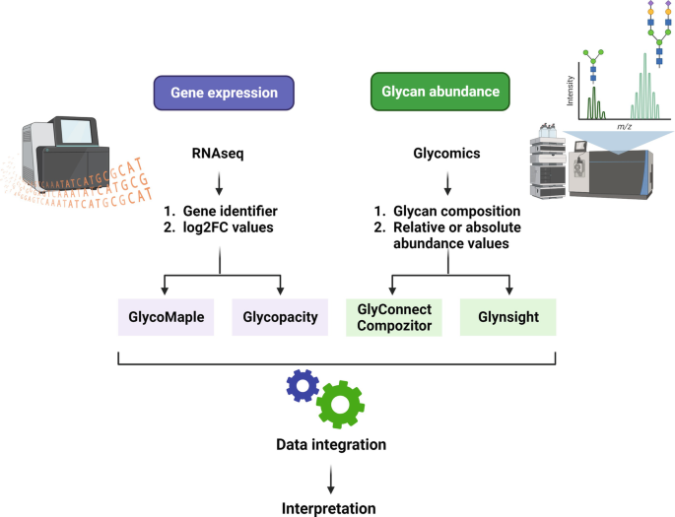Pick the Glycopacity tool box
tap(280, 317)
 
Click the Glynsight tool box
tap(509, 317)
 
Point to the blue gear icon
tap(301, 386)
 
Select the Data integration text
tap(330, 445)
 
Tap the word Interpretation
tap(330, 508)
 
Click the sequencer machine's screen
tap(75, 132)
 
